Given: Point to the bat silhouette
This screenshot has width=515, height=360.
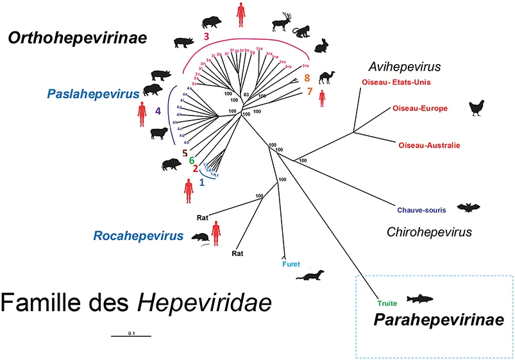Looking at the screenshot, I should [x=468, y=207].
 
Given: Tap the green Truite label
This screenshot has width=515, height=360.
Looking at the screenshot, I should [x=387, y=303].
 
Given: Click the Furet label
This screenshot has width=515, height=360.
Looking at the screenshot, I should [x=291, y=264].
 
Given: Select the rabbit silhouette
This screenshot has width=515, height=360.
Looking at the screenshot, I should [x=321, y=46].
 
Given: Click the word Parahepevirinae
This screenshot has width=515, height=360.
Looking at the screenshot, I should [x=429, y=319].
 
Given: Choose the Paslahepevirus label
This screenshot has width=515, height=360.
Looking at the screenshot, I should [x=93, y=94].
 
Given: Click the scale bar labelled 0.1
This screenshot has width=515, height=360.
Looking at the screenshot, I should [x=131, y=335].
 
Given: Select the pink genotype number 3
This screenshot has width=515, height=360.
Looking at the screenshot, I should [x=207, y=37].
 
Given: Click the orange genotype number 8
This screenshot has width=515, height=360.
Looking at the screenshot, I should [x=307, y=78].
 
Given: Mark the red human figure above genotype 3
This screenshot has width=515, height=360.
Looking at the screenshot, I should [x=241, y=14].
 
